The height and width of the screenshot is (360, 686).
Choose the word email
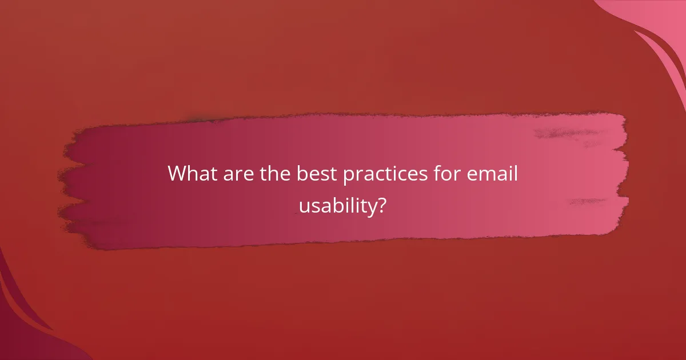[493, 174]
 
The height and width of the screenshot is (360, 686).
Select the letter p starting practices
[348, 177]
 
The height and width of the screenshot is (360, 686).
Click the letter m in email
[485, 175]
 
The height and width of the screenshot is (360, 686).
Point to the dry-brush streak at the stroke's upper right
[566, 133]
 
